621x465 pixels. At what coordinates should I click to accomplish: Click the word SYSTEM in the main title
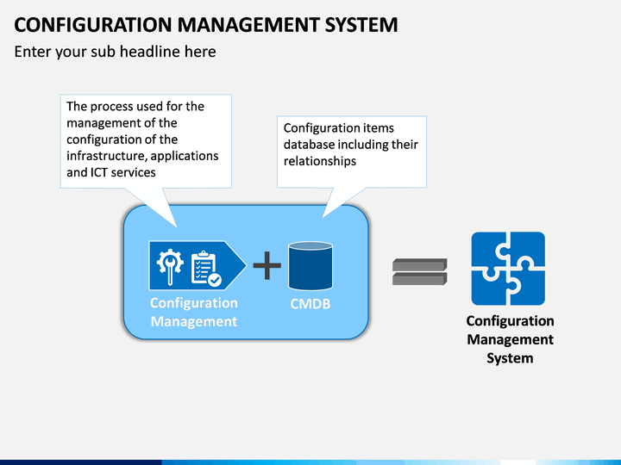click(361, 24)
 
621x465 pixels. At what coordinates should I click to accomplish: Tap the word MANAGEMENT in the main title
click(248, 24)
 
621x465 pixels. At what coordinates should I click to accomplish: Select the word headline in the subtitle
click(150, 52)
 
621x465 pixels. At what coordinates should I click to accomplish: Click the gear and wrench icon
click(170, 266)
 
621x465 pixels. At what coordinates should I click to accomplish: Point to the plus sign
click(267, 265)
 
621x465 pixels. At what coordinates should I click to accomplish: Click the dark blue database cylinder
click(310, 265)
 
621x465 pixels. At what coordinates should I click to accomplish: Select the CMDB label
click(310, 304)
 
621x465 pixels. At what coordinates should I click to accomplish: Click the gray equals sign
click(420, 271)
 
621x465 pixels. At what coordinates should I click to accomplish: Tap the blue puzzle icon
click(508, 269)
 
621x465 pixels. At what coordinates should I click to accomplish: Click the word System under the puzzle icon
click(510, 358)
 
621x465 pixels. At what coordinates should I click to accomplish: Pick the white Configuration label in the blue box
click(194, 303)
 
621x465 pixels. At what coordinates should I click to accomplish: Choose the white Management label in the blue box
click(194, 321)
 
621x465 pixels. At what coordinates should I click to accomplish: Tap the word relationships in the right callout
click(320, 161)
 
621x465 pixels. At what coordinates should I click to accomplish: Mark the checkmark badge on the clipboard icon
click(215, 280)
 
